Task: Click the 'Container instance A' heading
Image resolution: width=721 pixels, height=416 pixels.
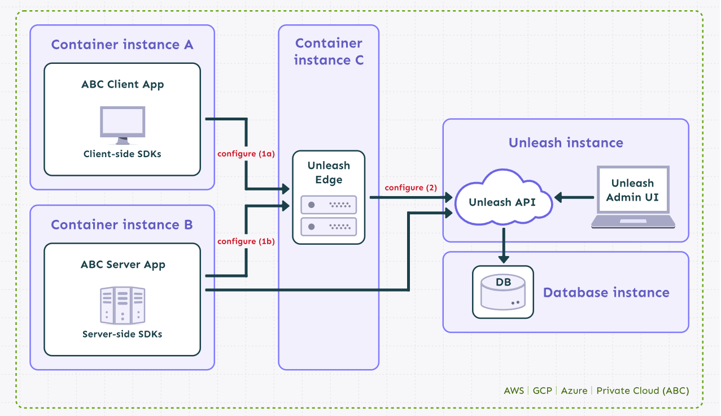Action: tap(122, 45)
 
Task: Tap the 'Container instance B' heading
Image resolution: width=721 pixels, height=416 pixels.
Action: tap(122, 225)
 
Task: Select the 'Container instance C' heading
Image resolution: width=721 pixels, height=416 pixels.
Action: tap(329, 51)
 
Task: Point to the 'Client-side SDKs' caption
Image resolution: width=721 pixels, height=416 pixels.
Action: tap(123, 154)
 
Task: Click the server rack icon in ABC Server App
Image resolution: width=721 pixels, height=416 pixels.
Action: tap(123, 305)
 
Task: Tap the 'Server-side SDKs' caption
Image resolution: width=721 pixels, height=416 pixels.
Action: tap(123, 334)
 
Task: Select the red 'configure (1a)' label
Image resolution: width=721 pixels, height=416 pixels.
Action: tap(246, 154)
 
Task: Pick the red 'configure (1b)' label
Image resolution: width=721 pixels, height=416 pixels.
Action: tap(246, 241)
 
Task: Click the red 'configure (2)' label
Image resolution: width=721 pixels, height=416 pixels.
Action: tap(411, 188)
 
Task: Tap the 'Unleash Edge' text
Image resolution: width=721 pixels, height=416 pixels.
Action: tap(329, 173)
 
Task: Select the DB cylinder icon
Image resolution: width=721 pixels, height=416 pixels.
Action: tap(502, 292)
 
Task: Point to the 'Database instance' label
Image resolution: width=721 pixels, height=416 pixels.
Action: tap(606, 293)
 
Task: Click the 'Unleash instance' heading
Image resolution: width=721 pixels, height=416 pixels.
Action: tap(566, 143)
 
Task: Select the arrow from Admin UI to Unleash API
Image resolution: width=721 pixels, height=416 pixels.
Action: tap(574, 197)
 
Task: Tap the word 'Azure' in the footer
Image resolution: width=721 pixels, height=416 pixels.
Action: tap(574, 391)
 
